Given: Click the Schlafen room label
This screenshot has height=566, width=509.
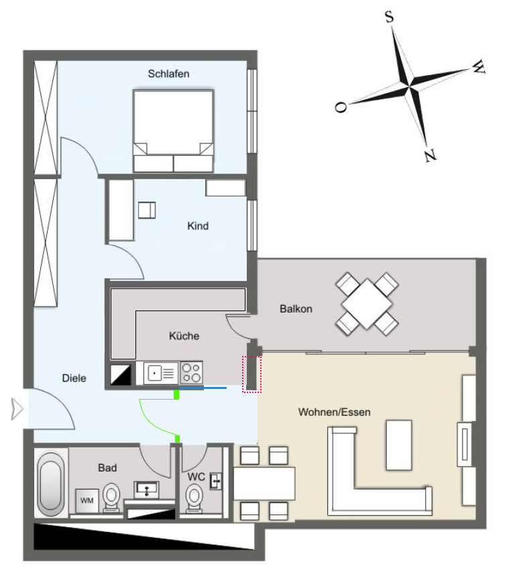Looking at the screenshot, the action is click(x=168, y=74).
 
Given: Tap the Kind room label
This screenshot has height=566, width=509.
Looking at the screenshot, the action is click(x=198, y=226).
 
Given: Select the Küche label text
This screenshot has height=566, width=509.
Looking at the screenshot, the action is click(x=184, y=336).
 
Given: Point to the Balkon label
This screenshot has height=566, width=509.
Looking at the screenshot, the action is click(x=296, y=309).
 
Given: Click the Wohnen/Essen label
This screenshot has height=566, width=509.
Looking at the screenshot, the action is click(x=334, y=412).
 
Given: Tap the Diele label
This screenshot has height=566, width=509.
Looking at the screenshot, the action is click(x=74, y=378).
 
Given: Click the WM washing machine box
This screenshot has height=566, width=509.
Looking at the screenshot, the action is click(x=87, y=501).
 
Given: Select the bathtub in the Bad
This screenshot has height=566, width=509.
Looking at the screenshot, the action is click(x=51, y=483).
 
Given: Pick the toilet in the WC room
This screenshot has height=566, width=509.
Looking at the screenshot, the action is click(x=195, y=499).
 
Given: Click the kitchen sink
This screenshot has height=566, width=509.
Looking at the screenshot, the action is click(x=161, y=373).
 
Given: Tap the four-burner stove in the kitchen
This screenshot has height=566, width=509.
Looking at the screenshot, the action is click(x=191, y=373).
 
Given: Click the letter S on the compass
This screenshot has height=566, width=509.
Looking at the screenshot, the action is click(x=389, y=17).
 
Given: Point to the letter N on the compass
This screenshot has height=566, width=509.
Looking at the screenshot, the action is click(x=431, y=155).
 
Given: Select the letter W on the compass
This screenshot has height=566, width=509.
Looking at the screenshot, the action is click(x=479, y=67).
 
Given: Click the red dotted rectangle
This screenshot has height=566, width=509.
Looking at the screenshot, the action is click(x=251, y=374).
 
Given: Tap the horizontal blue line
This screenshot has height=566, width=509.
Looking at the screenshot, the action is click(x=203, y=388).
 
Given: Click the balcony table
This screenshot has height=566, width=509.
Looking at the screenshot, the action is click(x=367, y=304).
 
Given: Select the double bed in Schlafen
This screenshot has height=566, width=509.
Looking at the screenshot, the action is click(x=173, y=131).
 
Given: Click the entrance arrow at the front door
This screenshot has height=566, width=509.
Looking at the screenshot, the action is click(x=17, y=409).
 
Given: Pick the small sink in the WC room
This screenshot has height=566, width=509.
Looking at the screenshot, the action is click(x=216, y=481).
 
